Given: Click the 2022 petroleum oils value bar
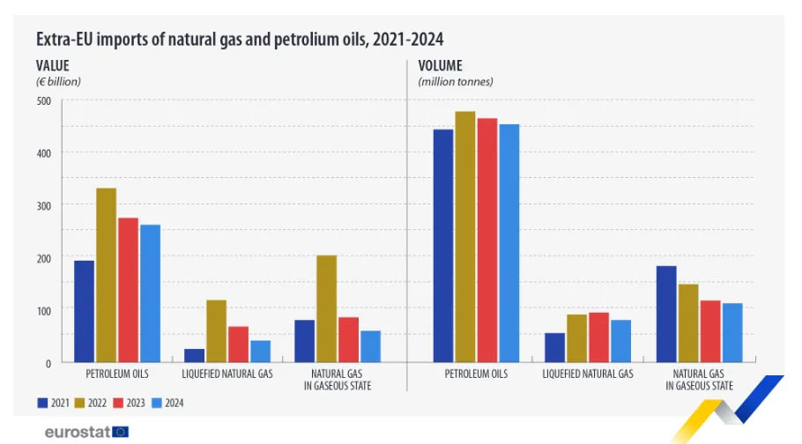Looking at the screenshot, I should click(106, 275).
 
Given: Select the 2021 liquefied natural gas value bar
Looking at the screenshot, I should click(194, 355).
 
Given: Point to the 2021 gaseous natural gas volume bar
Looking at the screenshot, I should click(665, 314).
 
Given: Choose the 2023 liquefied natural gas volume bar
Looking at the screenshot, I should click(599, 337).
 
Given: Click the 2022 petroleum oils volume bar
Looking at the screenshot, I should click(465, 237).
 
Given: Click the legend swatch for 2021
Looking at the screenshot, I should click(42, 403).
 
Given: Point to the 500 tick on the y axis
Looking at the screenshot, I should click(43, 100).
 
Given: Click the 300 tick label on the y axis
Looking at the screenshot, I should click(43, 205).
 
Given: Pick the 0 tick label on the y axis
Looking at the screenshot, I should click(48, 362).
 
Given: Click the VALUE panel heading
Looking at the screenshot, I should click(52, 65).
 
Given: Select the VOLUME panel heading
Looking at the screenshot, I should click(440, 65).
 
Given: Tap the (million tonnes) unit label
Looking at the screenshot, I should click(456, 81).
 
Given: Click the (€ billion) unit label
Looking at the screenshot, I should click(58, 81).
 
